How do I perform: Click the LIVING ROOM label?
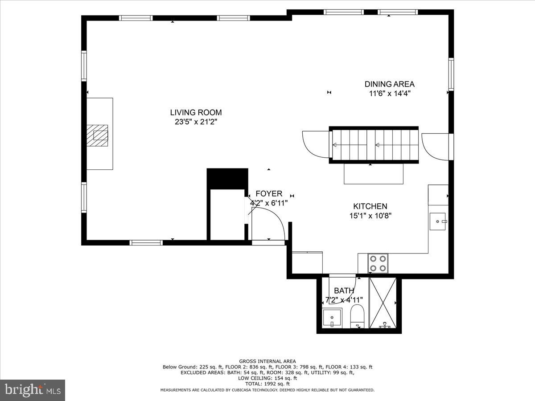pyautogui.click(x=196, y=113)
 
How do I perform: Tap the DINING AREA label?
pyautogui.click(x=389, y=84)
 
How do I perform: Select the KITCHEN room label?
pyautogui.click(x=370, y=206)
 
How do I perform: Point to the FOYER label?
pyautogui.click(x=269, y=194)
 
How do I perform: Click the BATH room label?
pyautogui.click(x=344, y=291)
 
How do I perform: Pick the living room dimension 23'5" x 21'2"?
pyautogui.click(x=196, y=122)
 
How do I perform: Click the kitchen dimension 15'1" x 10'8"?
pyautogui.click(x=370, y=216)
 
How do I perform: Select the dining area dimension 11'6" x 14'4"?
pyautogui.click(x=389, y=94)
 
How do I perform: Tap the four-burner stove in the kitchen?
pyautogui.click(x=378, y=263)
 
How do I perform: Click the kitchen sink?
pyautogui.click(x=437, y=221)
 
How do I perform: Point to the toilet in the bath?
pyautogui.click(x=357, y=316)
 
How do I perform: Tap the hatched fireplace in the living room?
pyautogui.click(x=97, y=135)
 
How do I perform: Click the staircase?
pyautogui.click(x=374, y=144)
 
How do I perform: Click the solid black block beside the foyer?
pyautogui.click(x=227, y=178)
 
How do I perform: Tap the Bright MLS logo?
pyautogui.click(x=33, y=390)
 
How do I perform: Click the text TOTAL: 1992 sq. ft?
pyautogui.click(x=267, y=384)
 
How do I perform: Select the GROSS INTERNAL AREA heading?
pyautogui.click(x=267, y=361)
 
